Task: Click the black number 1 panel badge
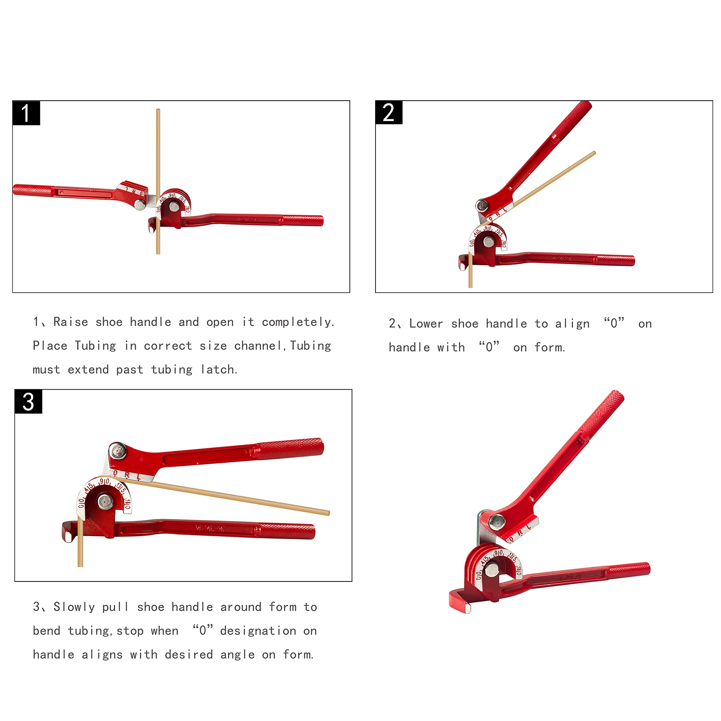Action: coord(26,113)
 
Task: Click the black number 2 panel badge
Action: coord(389,112)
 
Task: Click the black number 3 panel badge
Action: coord(28,402)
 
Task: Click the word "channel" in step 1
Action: coord(257,346)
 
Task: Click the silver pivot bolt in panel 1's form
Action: coord(174,206)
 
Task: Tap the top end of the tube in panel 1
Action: coord(158,110)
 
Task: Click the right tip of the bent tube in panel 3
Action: coord(328,513)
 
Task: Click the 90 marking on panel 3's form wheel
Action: coord(104,482)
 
